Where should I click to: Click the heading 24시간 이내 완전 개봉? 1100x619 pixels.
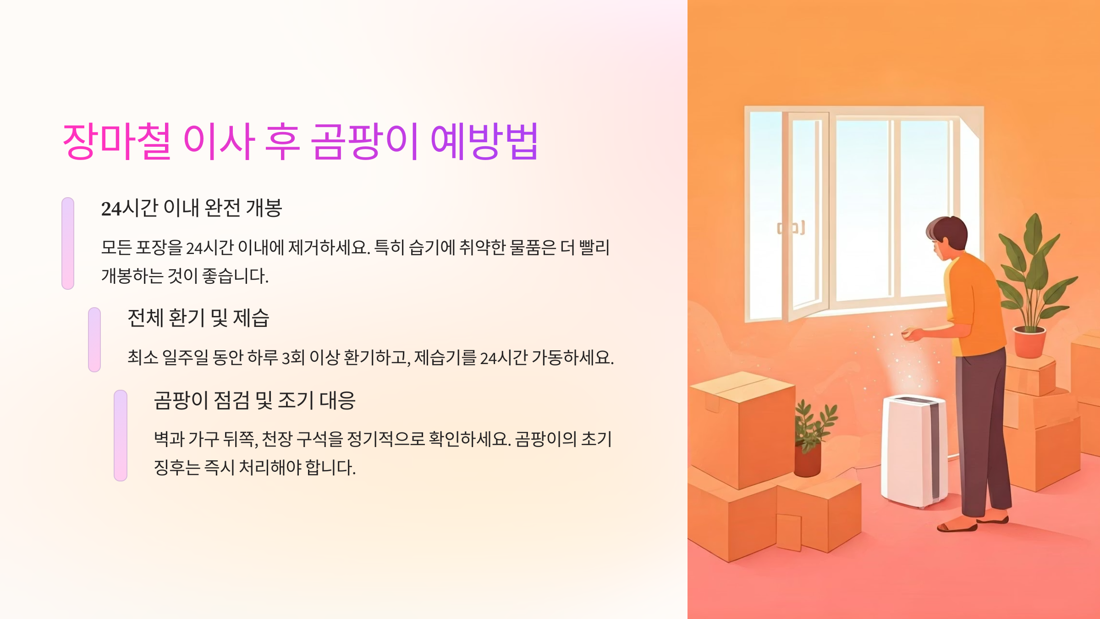(x=192, y=208)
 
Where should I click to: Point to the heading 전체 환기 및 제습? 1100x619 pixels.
(x=198, y=318)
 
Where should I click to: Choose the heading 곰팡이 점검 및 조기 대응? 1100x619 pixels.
(x=254, y=400)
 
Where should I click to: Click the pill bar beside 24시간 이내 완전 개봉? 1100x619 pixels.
(x=68, y=243)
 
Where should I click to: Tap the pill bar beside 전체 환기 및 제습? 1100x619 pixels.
(x=94, y=340)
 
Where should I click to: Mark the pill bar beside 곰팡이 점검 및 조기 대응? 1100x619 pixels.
(x=121, y=435)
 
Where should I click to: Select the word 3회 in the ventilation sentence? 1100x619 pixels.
(x=293, y=358)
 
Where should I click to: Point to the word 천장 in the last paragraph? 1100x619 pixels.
(x=277, y=439)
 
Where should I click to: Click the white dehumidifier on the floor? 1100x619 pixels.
(x=914, y=452)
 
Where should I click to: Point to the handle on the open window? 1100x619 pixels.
(x=791, y=228)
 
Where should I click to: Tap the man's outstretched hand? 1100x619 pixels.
(x=910, y=333)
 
